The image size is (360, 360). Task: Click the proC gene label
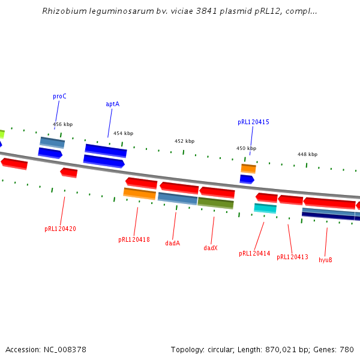[59, 96]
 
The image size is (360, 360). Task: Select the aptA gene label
[112, 104]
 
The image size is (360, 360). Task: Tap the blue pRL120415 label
[253, 122]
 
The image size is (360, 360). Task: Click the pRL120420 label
[60, 229]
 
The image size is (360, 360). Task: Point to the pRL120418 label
[134, 239]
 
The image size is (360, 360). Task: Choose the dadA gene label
[173, 243]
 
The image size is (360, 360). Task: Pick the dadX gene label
[210, 247]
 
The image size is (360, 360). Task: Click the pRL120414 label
[254, 253]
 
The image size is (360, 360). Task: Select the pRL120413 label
[292, 257]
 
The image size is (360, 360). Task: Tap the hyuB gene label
[325, 260]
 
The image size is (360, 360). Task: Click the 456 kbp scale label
[62, 125]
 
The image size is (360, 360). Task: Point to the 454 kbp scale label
[123, 133]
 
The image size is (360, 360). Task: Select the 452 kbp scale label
[184, 141]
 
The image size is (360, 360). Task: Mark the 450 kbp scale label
[246, 148]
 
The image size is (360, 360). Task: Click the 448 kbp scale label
[307, 154]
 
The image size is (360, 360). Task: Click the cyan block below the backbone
[265, 208]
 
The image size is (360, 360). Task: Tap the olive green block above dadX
[215, 203]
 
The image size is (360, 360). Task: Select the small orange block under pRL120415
[248, 169]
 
